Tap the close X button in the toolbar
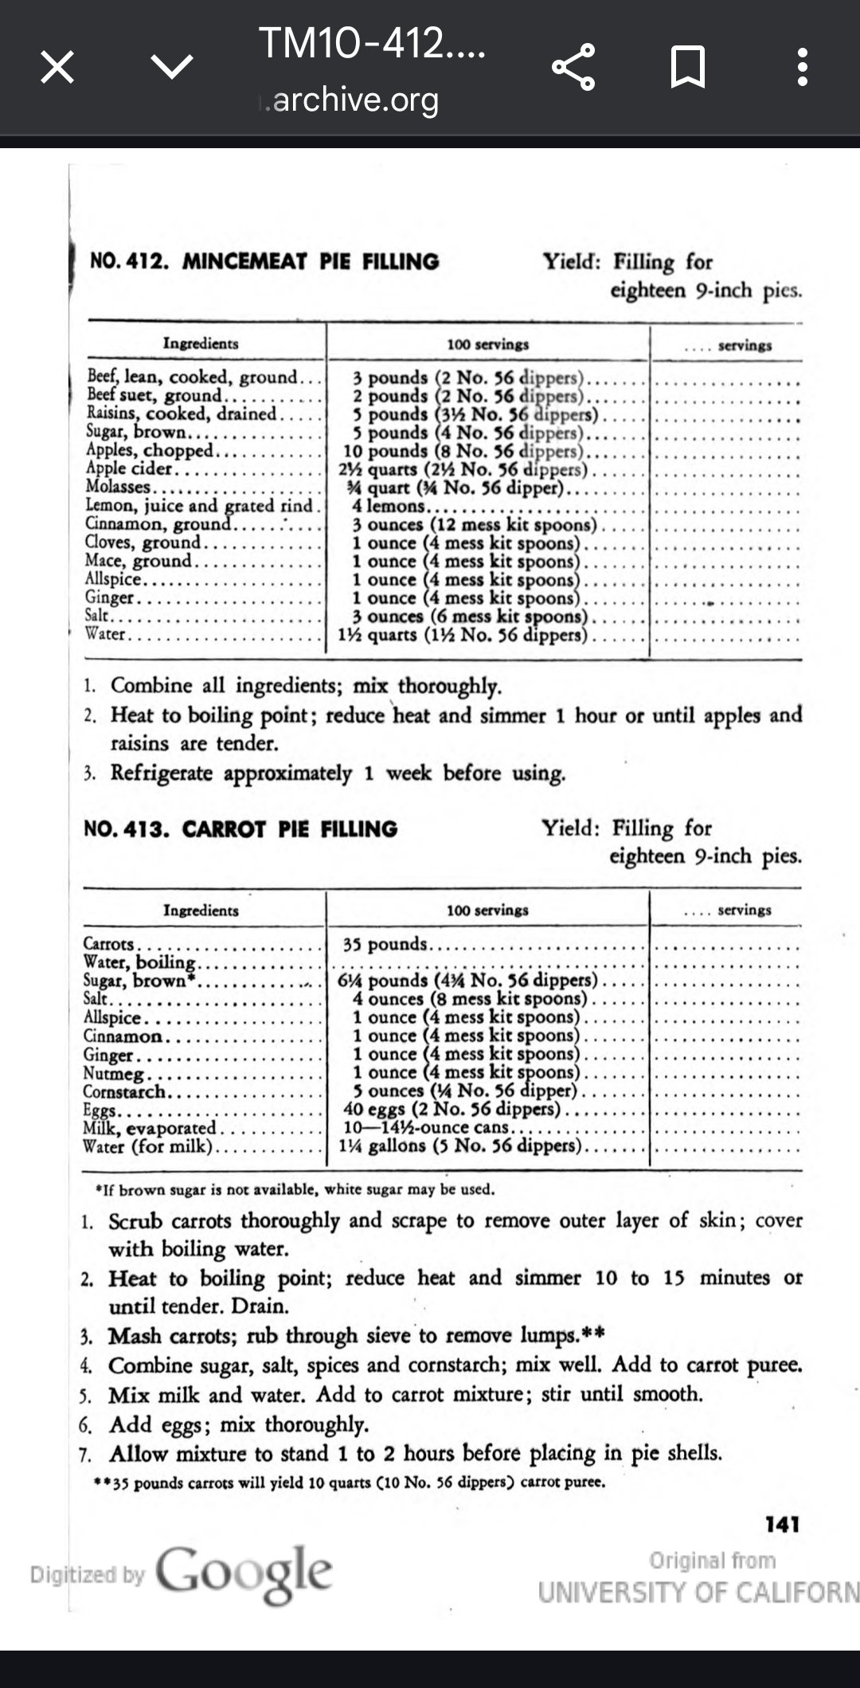tap(57, 67)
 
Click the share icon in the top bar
tap(573, 67)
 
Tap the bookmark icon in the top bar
tap(687, 67)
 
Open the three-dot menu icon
tap(802, 67)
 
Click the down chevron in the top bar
tap(172, 67)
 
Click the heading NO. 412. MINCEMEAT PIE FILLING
tap(264, 262)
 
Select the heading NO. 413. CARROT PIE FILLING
tap(240, 829)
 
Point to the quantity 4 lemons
tap(390, 506)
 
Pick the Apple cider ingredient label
tap(128, 469)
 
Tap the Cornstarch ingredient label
tap(124, 1091)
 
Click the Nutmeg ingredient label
tap(113, 1073)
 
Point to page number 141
tap(782, 1525)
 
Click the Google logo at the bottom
tap(244, 1573)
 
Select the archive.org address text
tap(355, 100)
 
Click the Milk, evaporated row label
tap(149, 1128)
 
